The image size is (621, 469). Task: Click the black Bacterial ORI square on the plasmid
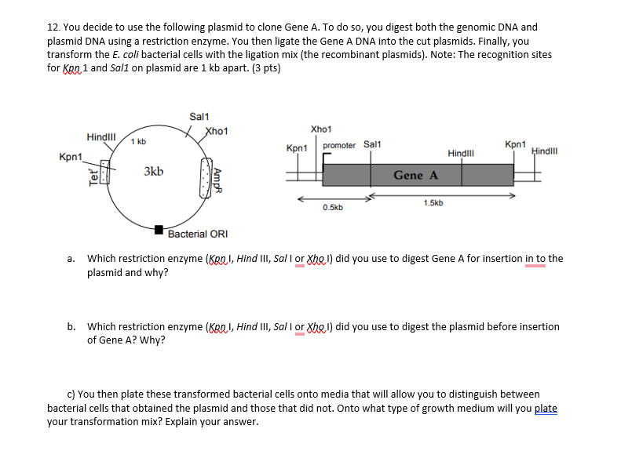click(159, 230)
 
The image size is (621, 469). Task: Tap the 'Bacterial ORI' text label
click(198, 234)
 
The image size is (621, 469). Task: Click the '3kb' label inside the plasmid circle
click(154, 171)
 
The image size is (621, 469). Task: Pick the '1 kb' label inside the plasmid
click(138, 141)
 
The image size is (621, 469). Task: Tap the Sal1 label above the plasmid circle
click(199, 116)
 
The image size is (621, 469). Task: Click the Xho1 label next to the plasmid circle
click(216, 131)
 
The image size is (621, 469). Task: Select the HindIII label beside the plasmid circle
click(101, 136)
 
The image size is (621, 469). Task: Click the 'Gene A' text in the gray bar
click(416, 175)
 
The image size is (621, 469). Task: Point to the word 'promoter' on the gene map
click(339, 145)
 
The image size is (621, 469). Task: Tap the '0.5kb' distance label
click(332, 208)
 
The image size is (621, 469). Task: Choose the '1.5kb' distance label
click(433, 202)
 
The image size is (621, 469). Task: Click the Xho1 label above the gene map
click(321, 129)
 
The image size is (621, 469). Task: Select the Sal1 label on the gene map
click(372, 144)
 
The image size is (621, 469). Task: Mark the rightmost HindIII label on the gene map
click(544, 150)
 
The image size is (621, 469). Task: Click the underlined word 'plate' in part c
click(546, 408)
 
